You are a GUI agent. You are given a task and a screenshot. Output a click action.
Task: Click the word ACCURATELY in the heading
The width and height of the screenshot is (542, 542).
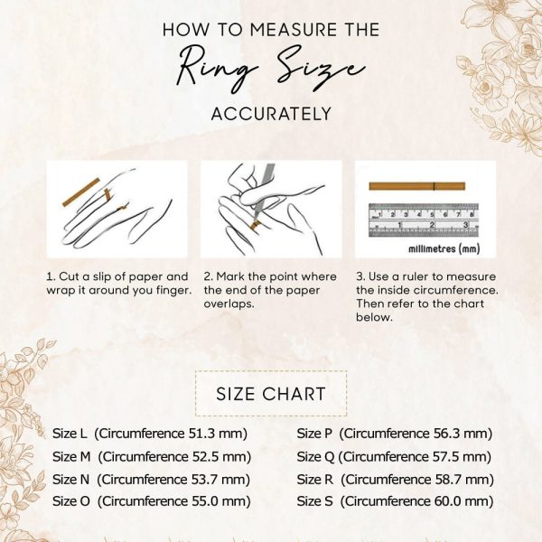[x=271, y=114]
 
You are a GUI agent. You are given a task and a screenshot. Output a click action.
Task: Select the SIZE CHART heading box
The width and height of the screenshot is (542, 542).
[x=271, y=393]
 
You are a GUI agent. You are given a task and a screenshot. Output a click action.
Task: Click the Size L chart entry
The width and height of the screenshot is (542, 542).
[x=150, y=434]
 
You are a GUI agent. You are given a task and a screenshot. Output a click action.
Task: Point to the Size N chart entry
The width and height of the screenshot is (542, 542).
[x=151, y=480]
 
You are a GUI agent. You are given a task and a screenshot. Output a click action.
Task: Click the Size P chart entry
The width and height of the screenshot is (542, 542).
[x=395, y=434]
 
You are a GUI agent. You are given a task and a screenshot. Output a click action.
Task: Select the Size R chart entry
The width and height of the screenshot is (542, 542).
[x=395, y=480]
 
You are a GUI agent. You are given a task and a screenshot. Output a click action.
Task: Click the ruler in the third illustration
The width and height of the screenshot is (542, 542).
[x=424, y=220]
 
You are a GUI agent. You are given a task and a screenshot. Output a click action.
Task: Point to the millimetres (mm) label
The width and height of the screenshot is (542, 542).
[x=444, y=248]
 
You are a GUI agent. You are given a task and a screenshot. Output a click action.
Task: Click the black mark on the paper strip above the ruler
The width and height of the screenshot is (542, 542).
[x=435, y=186]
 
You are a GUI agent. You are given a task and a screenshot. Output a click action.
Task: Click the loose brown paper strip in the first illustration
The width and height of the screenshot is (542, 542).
[x=81, y=192]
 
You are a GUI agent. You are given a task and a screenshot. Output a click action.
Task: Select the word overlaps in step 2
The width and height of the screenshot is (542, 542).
[x=229, y=304]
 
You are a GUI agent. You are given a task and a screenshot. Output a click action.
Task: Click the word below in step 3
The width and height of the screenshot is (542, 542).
[x=374, y=317]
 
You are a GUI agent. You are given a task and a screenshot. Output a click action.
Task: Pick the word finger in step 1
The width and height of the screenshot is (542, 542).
[x=173, y=290]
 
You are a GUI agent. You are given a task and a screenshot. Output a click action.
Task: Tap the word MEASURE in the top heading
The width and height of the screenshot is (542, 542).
[x=293, y=30]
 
